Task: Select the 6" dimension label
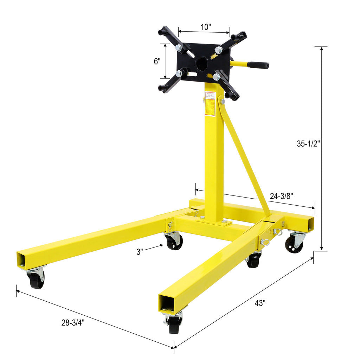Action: coord(157,61)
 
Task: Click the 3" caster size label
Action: coord(140,251)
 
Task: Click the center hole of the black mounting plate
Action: coord(202,64)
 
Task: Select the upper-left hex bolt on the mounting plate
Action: coord(178,48)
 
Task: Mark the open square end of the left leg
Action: coord(21,261)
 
